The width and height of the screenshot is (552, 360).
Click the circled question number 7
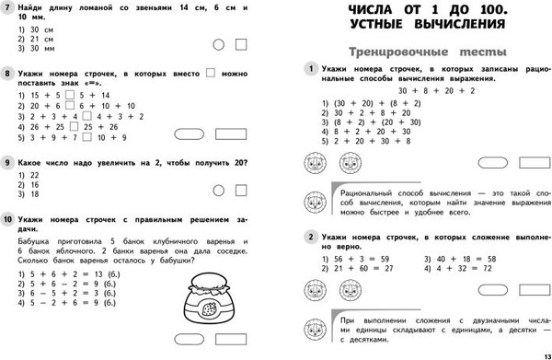[x=7, y=8]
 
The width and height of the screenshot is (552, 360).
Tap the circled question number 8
[x=7, y=75]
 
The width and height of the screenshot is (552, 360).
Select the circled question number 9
[x=7, y=163]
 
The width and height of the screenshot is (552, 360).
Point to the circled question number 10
[x=8, y=219]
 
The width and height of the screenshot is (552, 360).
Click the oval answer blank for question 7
[x=217, y=44]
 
